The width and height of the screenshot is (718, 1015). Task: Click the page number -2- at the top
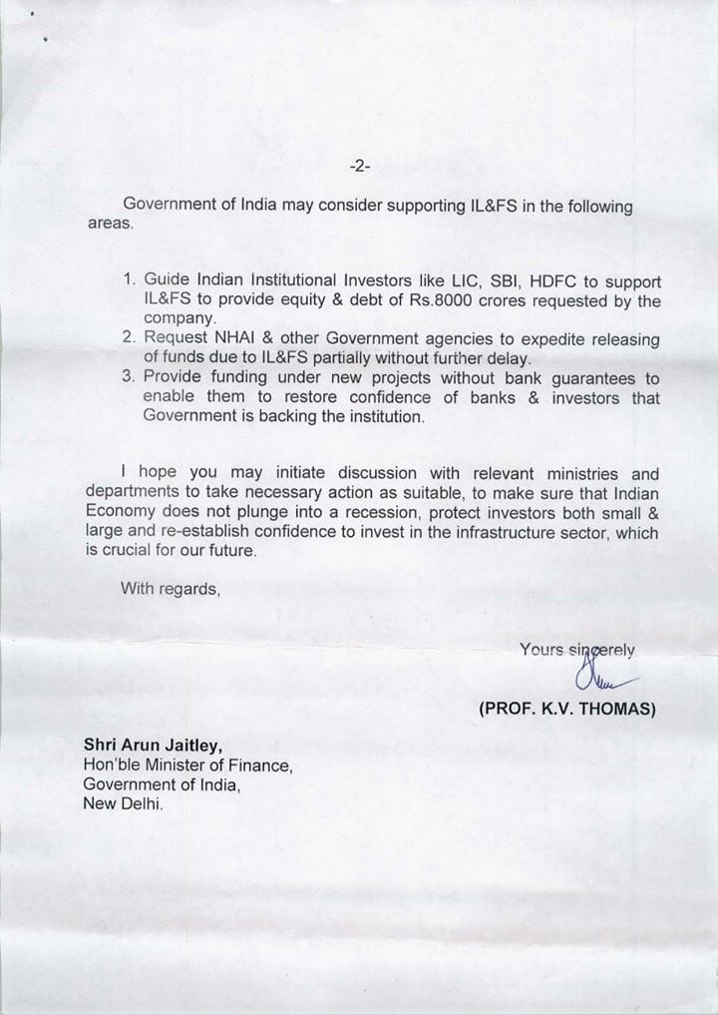[360, 166]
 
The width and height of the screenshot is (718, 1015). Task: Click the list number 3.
[129, 378]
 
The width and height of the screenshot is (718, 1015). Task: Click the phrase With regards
[170, 589]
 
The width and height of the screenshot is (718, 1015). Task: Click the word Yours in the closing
[541, 649]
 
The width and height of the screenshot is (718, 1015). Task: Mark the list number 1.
[129, 282]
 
